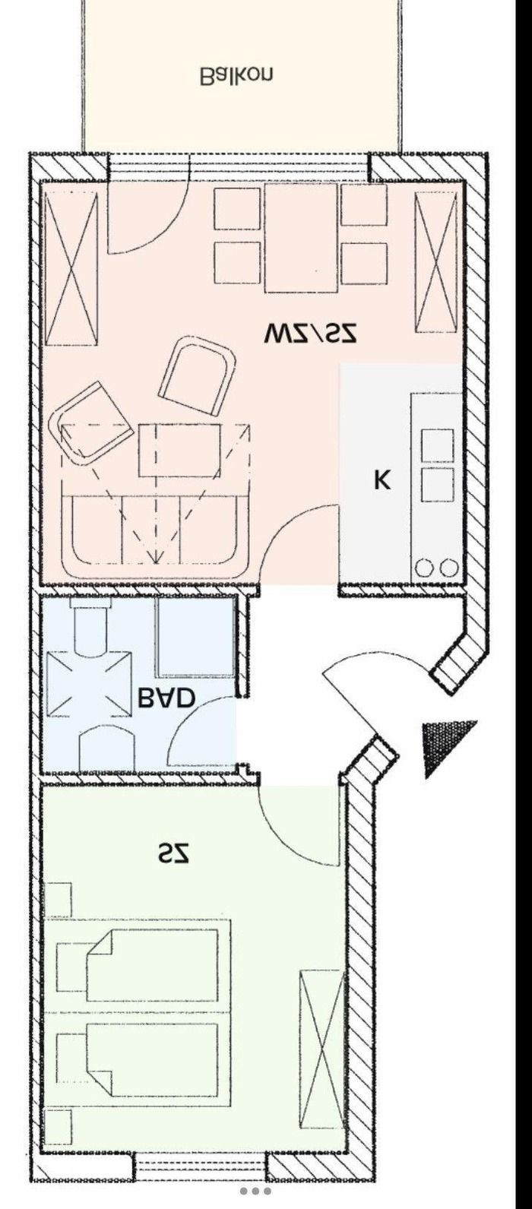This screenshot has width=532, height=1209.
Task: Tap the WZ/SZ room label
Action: click(310, 334)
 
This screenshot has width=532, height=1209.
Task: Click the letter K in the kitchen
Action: click(382, 479)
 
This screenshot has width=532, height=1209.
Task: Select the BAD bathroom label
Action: click(166, 698)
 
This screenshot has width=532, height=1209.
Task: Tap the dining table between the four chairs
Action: click(302, 238)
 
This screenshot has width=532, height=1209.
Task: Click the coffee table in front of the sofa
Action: click(179, 450)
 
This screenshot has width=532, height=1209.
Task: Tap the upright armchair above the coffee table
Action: click(198, 375)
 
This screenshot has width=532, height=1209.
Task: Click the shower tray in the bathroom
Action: click(195, 638)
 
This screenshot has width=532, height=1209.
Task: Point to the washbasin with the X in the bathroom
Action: click(89, 684)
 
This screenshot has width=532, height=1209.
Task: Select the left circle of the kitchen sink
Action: click(423, 568)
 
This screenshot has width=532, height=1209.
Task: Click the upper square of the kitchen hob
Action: click(437, 445)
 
